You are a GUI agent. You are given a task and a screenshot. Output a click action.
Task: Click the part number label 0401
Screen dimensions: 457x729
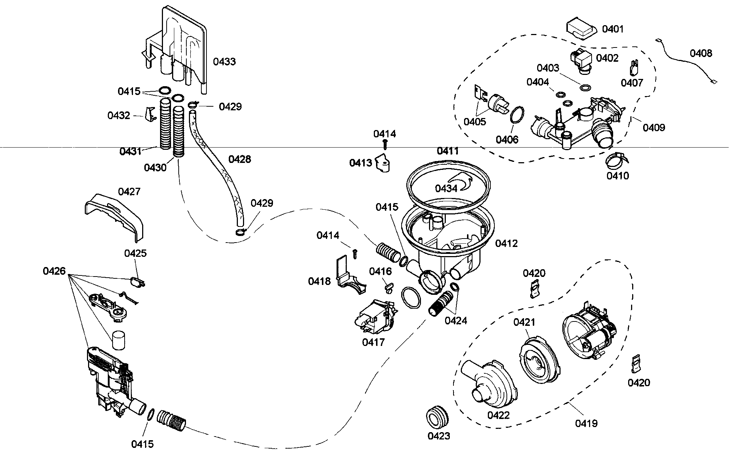coord(613,29)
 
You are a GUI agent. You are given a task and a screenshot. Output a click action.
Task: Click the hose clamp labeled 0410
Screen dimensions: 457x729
coord(617,159)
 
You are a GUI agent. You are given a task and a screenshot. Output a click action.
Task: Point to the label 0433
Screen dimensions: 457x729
coord(224,61)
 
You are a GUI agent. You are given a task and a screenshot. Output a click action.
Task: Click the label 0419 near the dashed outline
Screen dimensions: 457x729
coord(586,423)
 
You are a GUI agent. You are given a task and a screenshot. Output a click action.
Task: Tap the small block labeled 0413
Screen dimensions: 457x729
coord(383,163)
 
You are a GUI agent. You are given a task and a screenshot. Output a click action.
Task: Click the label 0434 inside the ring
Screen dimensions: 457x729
coord(446,188)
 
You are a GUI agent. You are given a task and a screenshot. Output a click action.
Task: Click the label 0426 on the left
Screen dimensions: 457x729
coord(54,271)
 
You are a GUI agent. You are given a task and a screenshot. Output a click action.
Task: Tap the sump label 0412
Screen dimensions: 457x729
coord(506,243)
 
